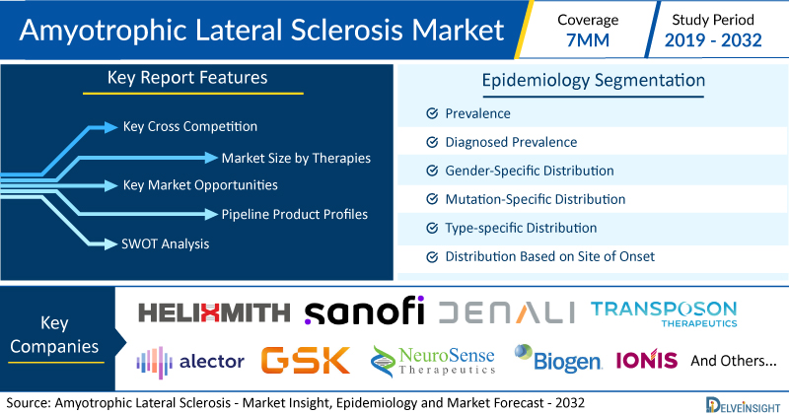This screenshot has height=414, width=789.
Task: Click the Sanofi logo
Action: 364,310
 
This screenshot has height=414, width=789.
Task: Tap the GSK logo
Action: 306,360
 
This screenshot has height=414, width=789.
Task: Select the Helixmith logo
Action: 214,312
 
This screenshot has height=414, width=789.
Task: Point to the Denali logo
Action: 507,312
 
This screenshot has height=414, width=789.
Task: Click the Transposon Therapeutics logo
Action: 664,313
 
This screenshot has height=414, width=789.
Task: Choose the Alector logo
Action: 190,362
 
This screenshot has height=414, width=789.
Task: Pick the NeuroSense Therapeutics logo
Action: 433,361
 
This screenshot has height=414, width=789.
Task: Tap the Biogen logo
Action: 557,358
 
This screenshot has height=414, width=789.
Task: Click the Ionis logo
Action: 647,359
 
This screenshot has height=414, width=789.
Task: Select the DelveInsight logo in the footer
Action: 743,405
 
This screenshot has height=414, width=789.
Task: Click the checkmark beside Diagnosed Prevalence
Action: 432,142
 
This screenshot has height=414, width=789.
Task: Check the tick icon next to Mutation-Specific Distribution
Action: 432,199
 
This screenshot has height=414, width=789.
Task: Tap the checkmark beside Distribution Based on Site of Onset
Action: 432,257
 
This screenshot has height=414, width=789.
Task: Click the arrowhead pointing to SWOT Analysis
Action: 110,244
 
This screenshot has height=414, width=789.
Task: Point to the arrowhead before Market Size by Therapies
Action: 211,158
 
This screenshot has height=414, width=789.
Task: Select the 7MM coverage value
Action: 588,40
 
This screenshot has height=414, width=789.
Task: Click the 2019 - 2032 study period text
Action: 713,40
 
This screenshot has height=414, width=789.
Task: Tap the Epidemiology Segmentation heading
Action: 594,81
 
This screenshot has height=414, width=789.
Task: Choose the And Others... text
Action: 734,361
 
